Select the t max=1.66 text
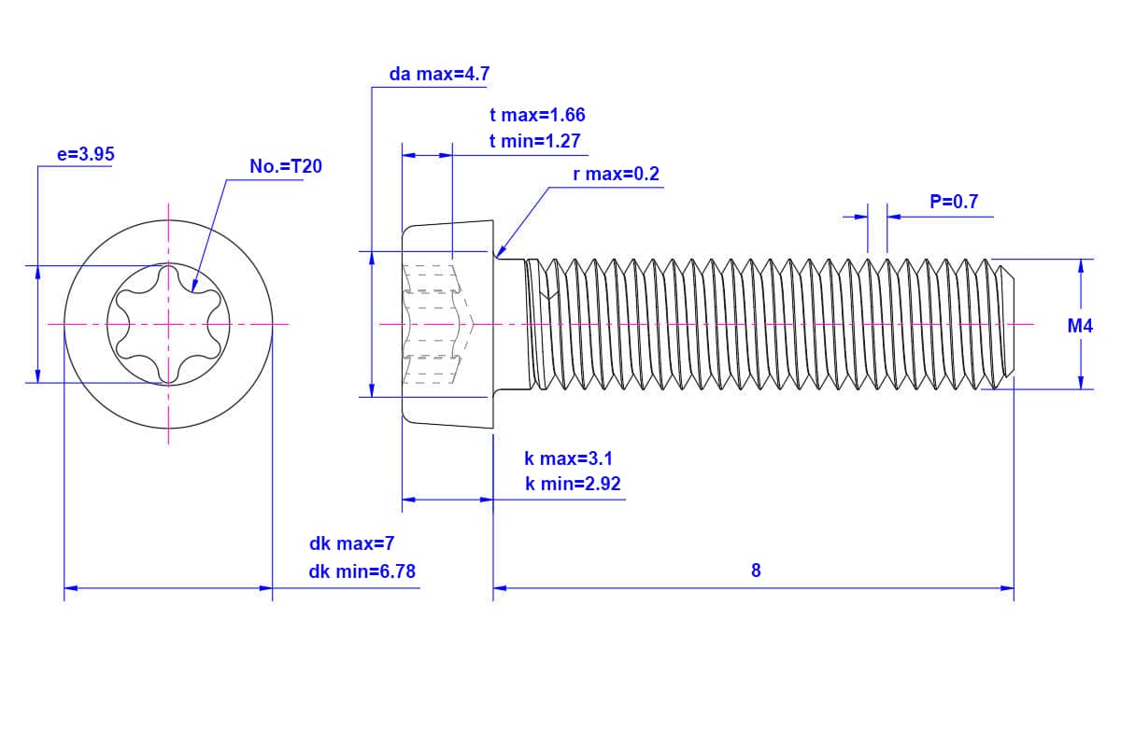click(537, 115)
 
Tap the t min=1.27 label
click(535, 141)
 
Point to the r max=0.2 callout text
click(616, 175)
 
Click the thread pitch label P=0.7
click(954, 202)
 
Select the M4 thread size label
click(1080, 326)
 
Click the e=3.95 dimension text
click(86, 155)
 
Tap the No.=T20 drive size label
click(285, 167)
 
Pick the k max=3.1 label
click(568, 458)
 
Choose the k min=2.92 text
click(573, 484)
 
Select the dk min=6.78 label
click(362, 571)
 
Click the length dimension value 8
click(756, 571)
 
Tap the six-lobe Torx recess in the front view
click(168, 324)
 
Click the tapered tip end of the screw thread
click(1007, 324)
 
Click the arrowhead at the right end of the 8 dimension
click(1008, 588)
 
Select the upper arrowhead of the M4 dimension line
click(1081, 265)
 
